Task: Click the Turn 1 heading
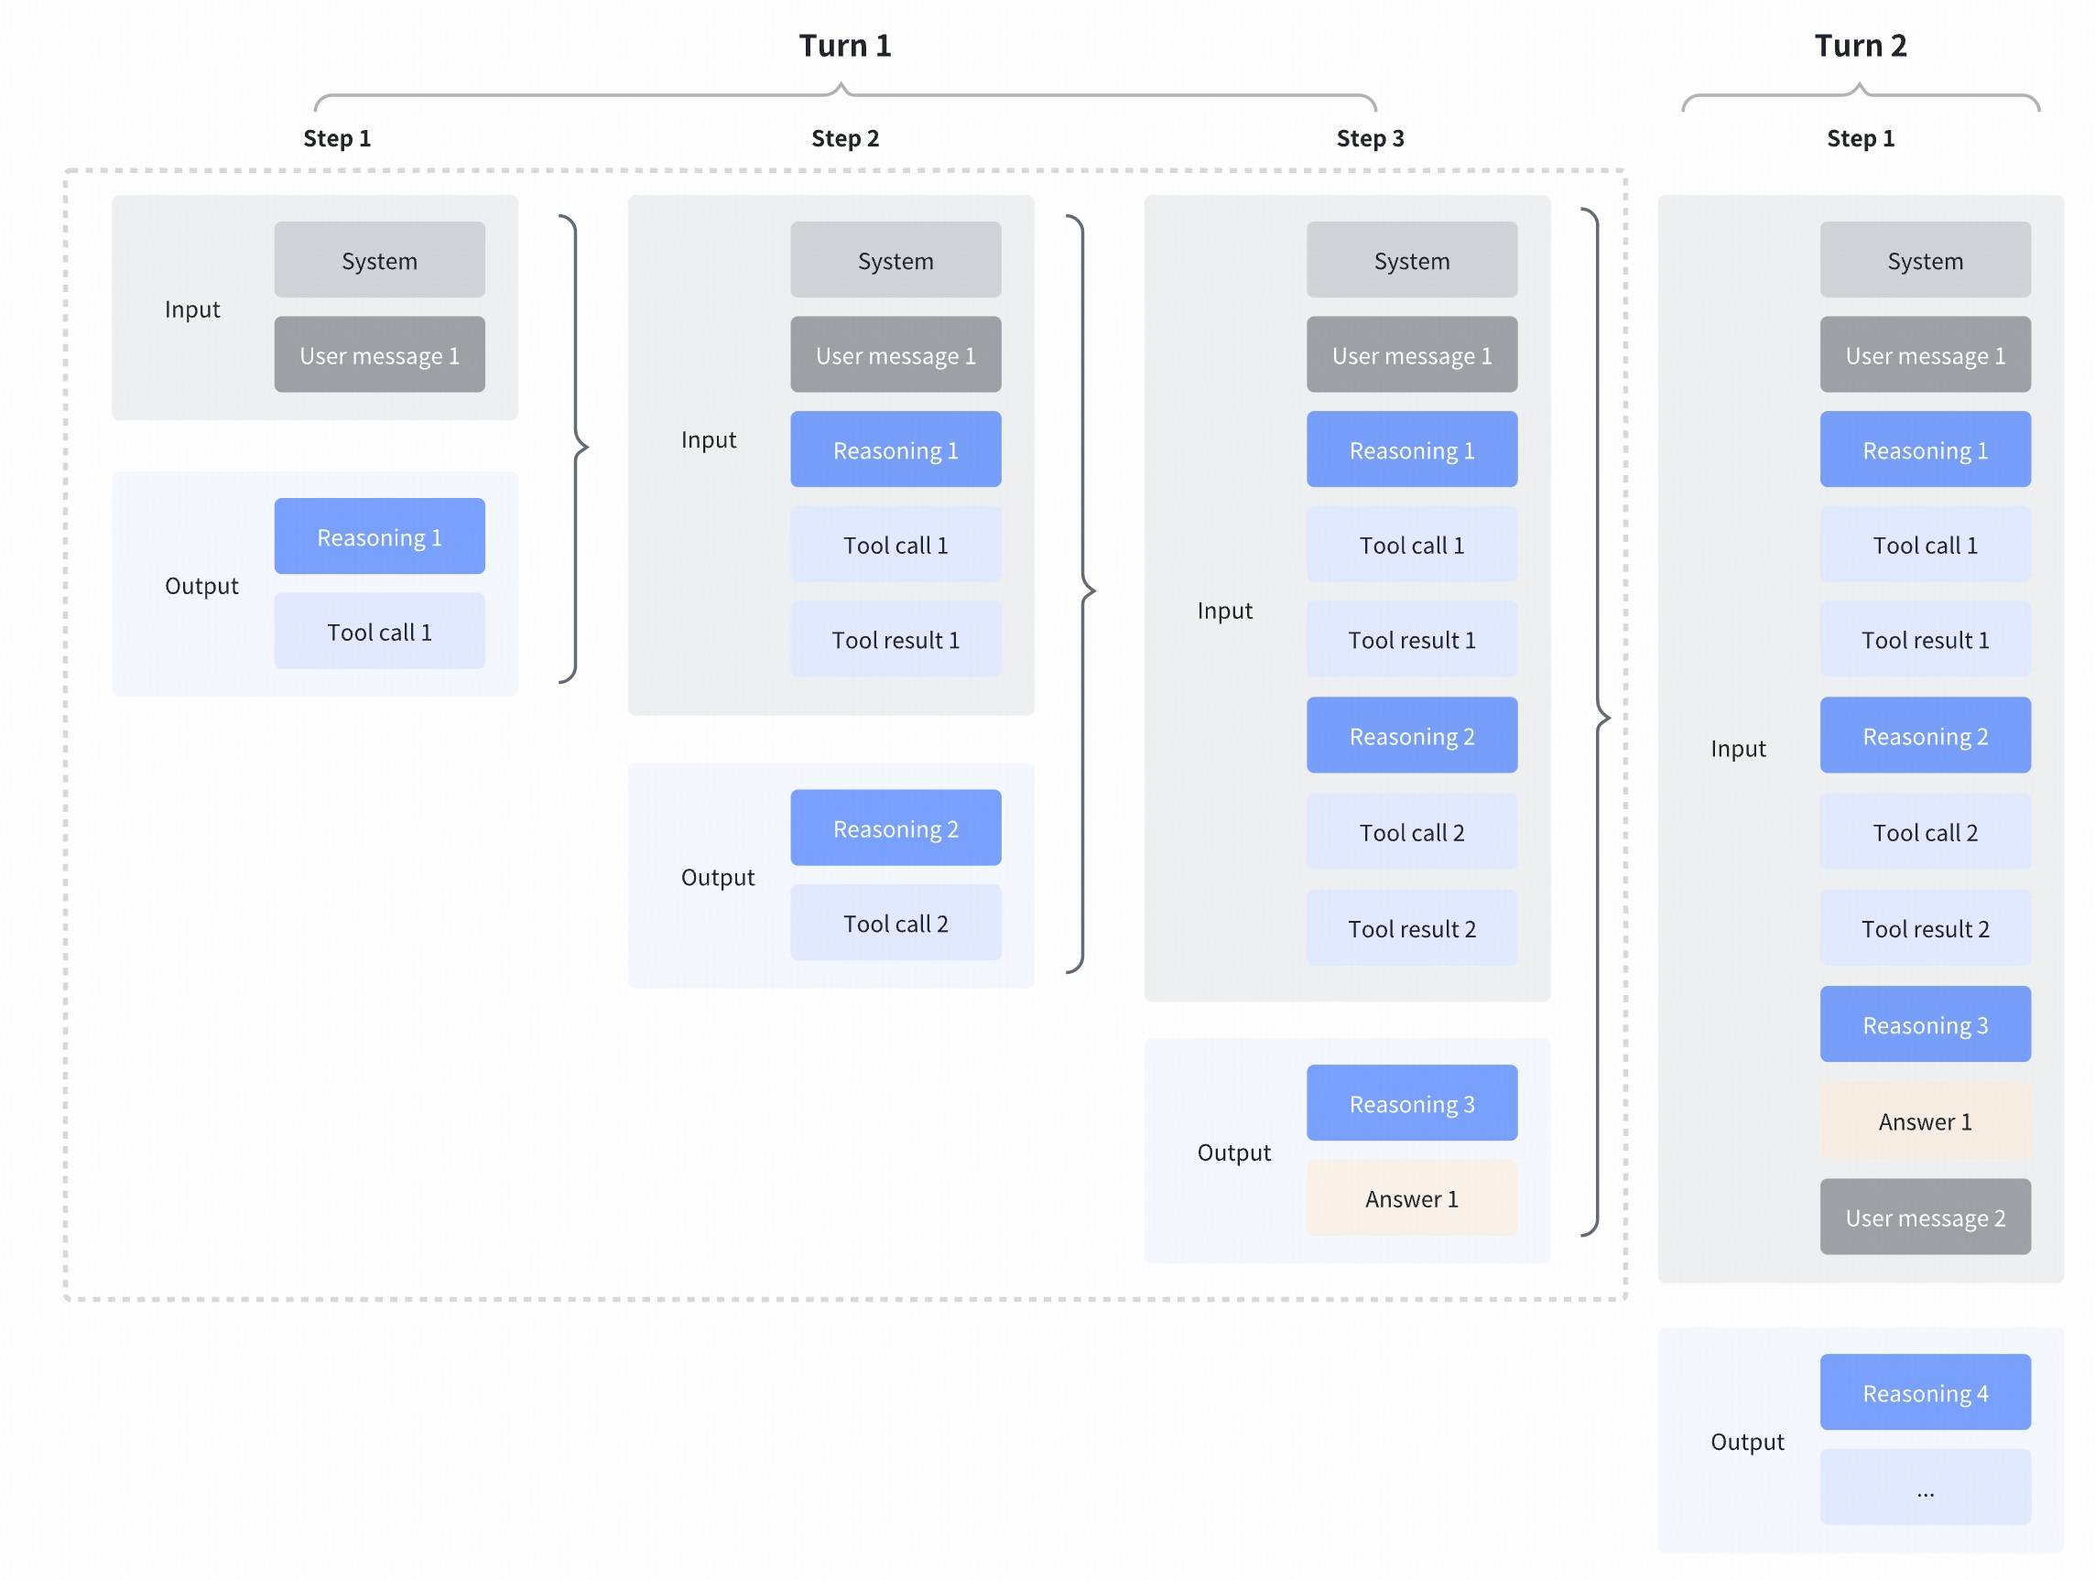845,46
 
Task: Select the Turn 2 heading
1859,46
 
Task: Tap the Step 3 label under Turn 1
1370,138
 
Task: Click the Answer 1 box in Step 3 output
1411,1198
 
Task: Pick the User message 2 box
1925,1217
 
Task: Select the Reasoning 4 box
1925,1392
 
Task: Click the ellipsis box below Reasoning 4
1925,1488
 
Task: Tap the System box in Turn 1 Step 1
379,260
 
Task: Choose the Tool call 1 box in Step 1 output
379,632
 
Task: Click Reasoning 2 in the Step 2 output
895,828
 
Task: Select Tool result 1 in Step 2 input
895,639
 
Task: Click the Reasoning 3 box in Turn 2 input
1925,1024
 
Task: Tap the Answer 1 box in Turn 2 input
1925,1120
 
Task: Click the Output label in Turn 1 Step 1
201,586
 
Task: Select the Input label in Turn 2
1737,749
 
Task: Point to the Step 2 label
845,138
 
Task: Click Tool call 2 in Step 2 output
895,923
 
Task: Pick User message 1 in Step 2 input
895,355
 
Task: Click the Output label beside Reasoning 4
1746,1442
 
